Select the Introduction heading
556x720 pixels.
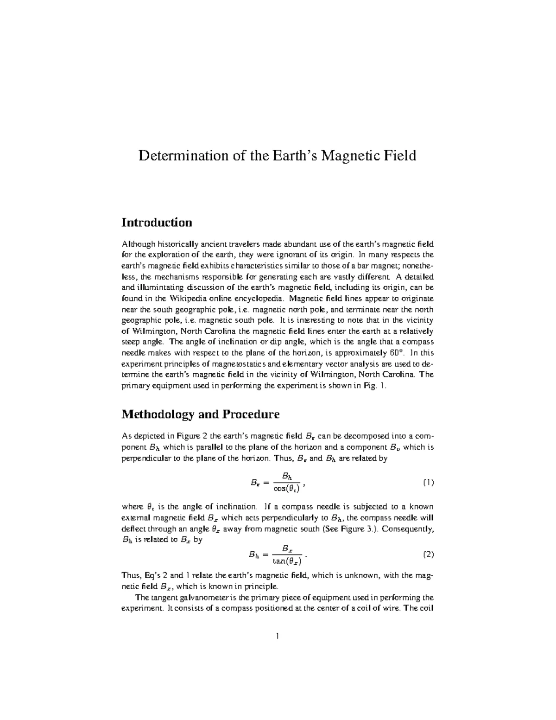coord(157,223)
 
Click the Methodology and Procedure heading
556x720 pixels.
coord(200,414)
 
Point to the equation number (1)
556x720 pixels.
coord(428,483)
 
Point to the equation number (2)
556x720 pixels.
coord(428,554)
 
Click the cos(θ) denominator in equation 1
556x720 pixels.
coord(287,488)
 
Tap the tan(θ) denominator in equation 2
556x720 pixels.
coord(287,561)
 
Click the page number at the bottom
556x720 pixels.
coord(278,637)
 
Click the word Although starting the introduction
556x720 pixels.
coord(138,244)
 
